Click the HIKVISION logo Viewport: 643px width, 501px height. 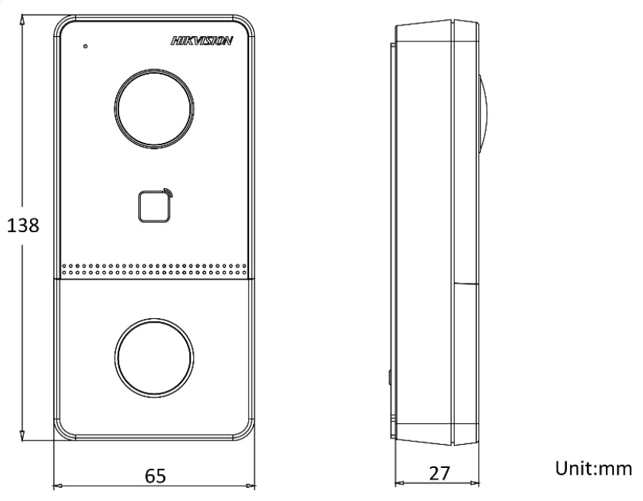[202, 41]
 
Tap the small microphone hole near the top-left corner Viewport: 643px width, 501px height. [85, 46]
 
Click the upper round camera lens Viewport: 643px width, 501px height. [154, 108]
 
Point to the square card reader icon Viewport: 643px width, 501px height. [154, 207]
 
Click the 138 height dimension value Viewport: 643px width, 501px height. [23, 225]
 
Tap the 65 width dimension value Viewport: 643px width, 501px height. [155, 476]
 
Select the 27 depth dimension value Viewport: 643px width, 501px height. [439, 473]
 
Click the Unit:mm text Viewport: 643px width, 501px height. [594, 468]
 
